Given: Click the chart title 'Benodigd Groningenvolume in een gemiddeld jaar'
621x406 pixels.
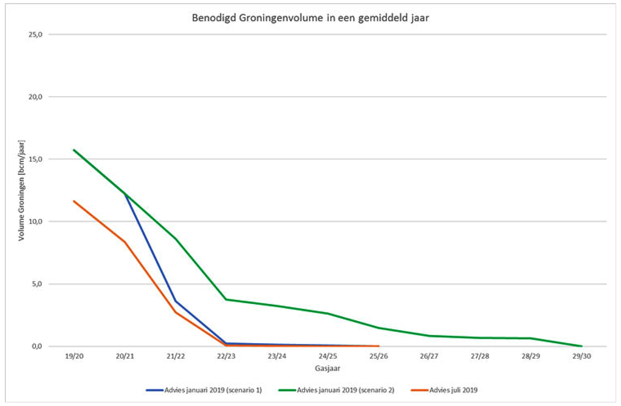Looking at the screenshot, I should click(x=310, y=19).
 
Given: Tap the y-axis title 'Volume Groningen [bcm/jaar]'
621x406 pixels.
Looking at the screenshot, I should click(x=22, y=191).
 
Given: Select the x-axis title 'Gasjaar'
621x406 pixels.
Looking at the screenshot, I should click(x=327, y=368).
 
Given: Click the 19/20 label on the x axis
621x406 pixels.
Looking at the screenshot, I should click(x=74, y=357).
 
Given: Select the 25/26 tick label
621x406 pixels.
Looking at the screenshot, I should click(x=379, y=357).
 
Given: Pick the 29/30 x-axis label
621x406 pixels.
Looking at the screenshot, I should click(x=581, y=357).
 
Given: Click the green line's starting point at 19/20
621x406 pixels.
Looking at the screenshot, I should click(x=74, y=150).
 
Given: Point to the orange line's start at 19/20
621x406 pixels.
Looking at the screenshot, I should click(x=74, y=201).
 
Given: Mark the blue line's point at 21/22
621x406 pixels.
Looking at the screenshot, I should click(x=175, y=301).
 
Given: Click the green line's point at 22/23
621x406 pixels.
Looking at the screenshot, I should click(x=226, y=299).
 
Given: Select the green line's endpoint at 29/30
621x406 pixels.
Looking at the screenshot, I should click(x=581, y=346).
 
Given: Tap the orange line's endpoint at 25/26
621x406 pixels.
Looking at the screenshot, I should click(x=379, y=346).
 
